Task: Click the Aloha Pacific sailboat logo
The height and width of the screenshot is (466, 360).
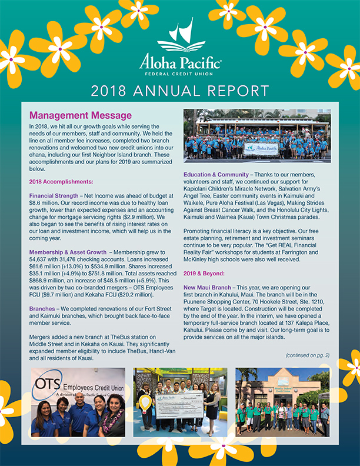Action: tap(181, 36)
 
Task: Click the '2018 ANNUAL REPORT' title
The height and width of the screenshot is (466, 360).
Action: tap(180, 91)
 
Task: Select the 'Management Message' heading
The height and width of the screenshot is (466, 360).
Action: tap(81, 115)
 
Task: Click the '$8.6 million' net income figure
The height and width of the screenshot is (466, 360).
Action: tap(46, 201)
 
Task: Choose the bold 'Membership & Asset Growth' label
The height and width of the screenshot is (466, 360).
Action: tap(67, 251)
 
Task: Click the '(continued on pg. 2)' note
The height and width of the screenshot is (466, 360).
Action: tap(307, 355)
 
